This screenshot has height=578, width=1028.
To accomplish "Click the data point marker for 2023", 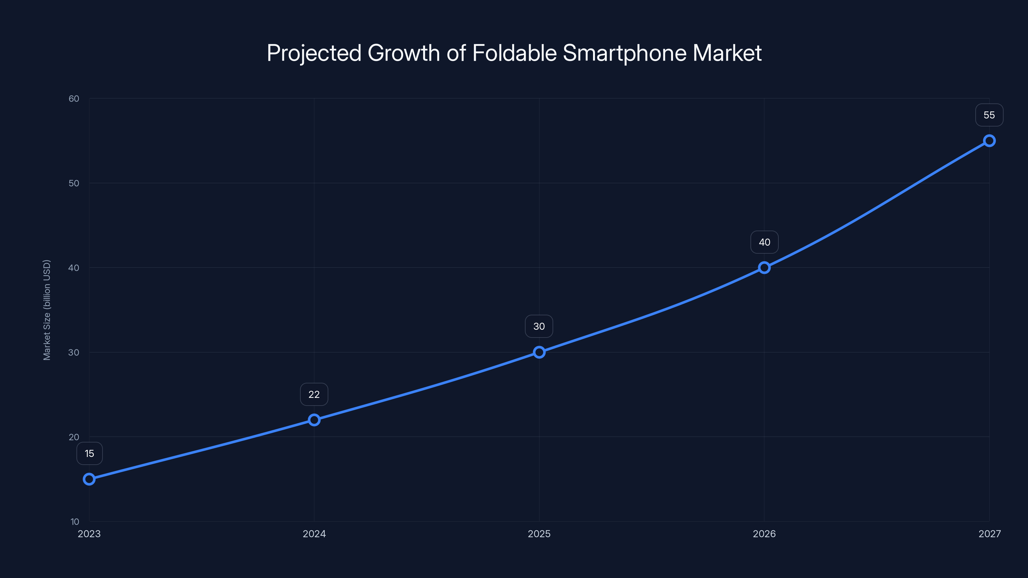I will [89, 479].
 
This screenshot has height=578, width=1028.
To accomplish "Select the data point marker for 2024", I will [314, 420].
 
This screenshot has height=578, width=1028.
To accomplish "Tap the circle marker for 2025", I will [539, 352].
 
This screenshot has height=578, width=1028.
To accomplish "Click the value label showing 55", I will [989, 115].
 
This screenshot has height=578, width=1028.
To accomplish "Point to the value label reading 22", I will [314, 395].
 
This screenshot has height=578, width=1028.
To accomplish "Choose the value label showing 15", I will [89, 453].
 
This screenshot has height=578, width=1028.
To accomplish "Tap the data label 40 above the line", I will [764, 242].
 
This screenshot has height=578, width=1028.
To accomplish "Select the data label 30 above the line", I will [539, 326].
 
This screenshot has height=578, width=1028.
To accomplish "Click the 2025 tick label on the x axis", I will [539, 534].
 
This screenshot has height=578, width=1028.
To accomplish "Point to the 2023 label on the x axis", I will [89, 534].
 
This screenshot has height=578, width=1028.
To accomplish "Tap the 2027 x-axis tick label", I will [989, 534].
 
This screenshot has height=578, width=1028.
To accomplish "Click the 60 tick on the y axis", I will [74, 99].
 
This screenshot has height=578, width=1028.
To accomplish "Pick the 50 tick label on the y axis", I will [74, 183].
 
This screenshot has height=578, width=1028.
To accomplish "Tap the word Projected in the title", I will [314, 53].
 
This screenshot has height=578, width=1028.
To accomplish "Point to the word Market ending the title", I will [727, 53].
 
